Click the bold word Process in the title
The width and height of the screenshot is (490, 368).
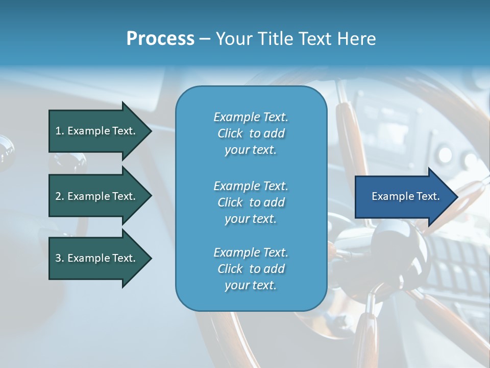[160, 39]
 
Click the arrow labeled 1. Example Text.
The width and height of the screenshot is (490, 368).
[97, 131]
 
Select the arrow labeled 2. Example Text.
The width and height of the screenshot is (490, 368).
[97, 196]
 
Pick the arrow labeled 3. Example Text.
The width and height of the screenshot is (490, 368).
[97, 258]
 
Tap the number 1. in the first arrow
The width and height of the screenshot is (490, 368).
[60, 131]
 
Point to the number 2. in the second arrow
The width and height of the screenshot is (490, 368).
[60, 196]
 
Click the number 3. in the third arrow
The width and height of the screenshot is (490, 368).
[60, 258]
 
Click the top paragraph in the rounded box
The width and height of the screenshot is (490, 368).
[251, 133]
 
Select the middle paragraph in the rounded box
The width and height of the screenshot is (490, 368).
[251, 202]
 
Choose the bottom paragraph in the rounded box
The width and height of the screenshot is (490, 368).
[251, 269]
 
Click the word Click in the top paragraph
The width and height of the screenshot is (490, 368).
[230, 133]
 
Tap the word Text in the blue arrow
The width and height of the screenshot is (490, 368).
[428, 196]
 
